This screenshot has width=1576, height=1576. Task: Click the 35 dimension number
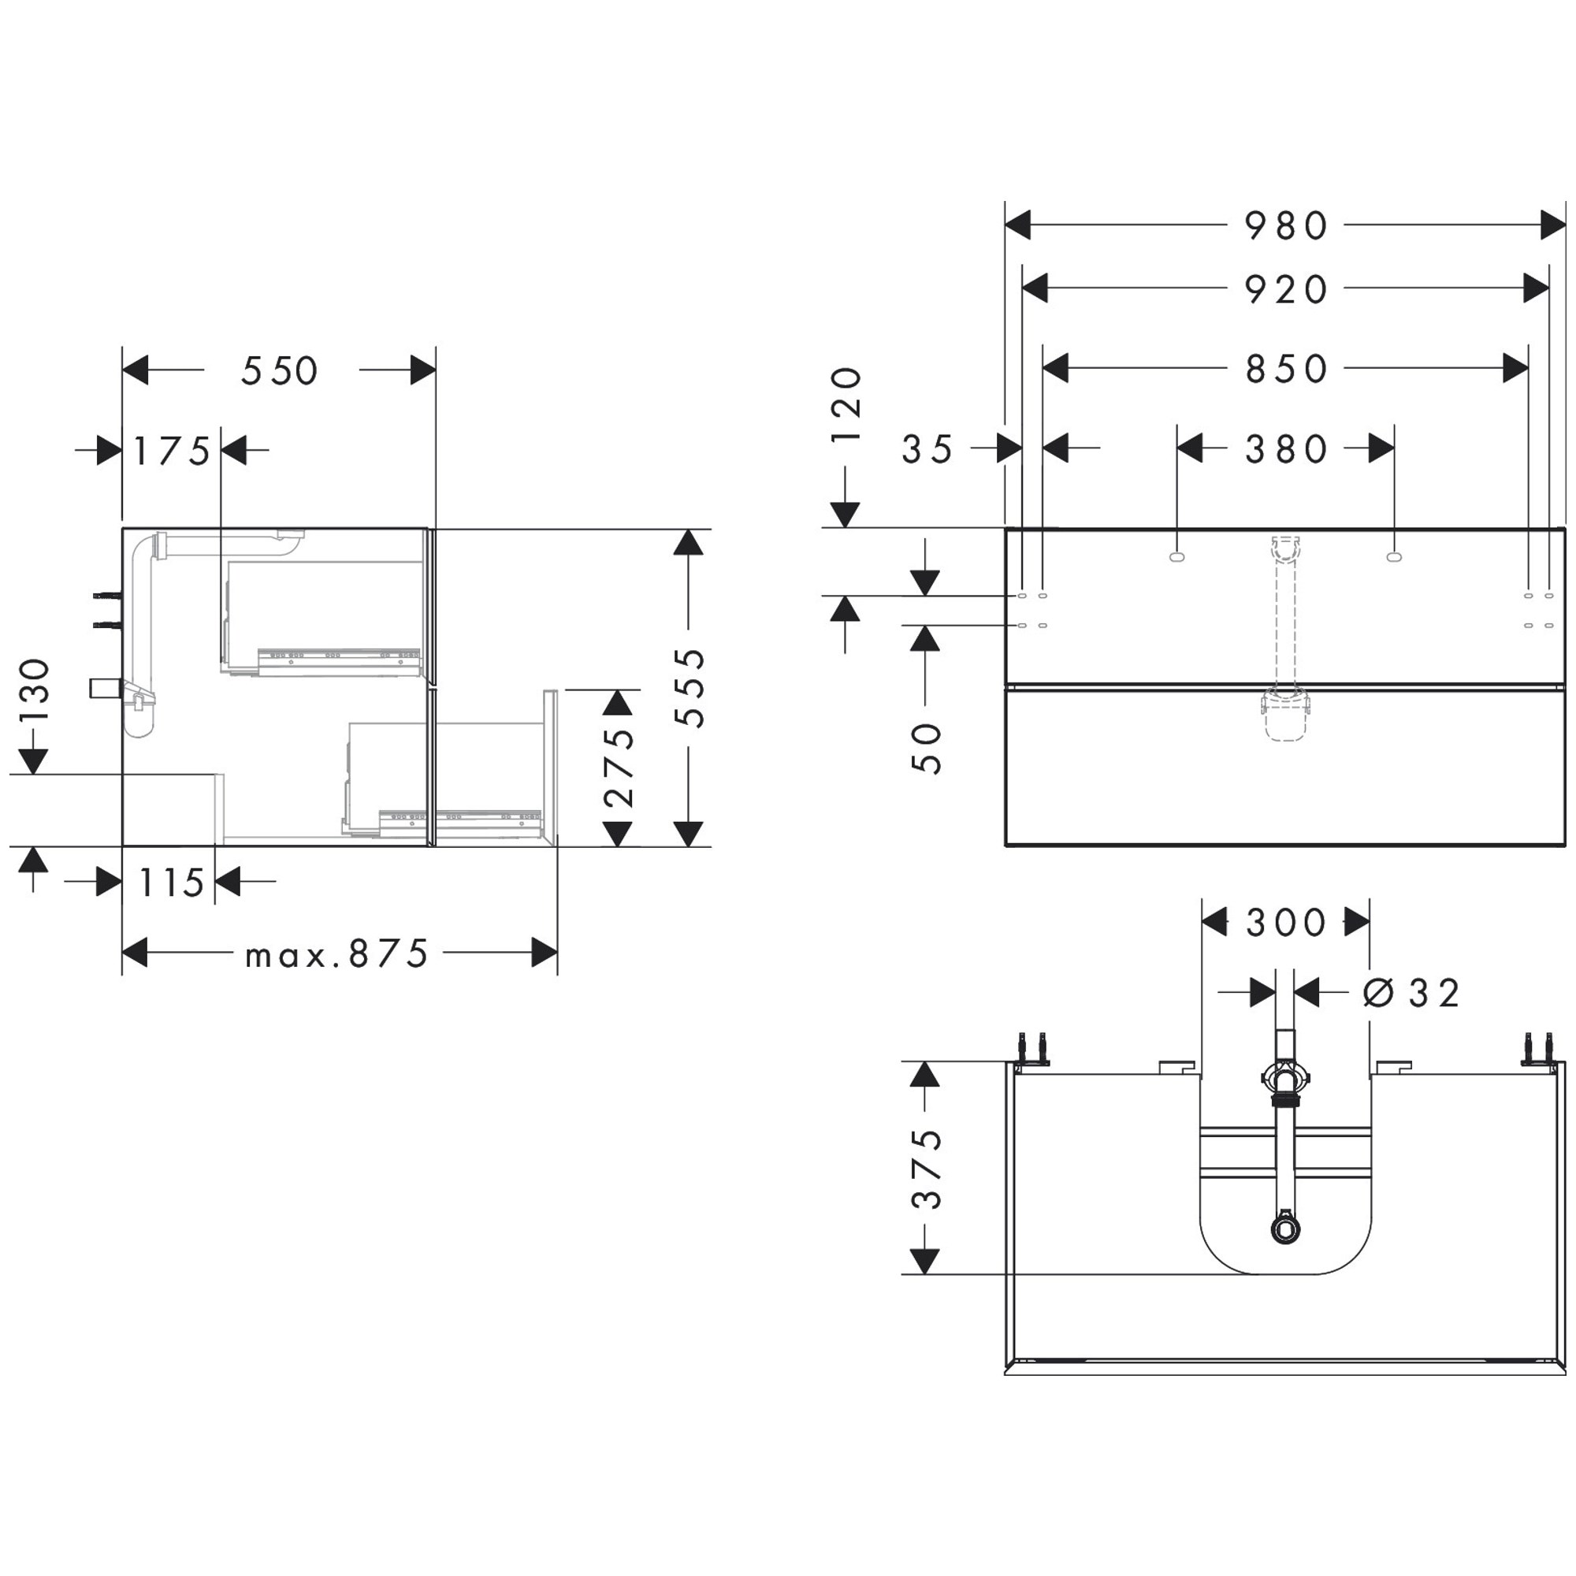pos(927,449)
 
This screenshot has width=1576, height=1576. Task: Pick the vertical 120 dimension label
pos(846,404)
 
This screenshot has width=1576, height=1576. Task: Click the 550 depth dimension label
pos(279,371)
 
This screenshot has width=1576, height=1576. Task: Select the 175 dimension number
pos(172,451)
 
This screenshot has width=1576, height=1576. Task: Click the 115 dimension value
pos(171,883)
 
